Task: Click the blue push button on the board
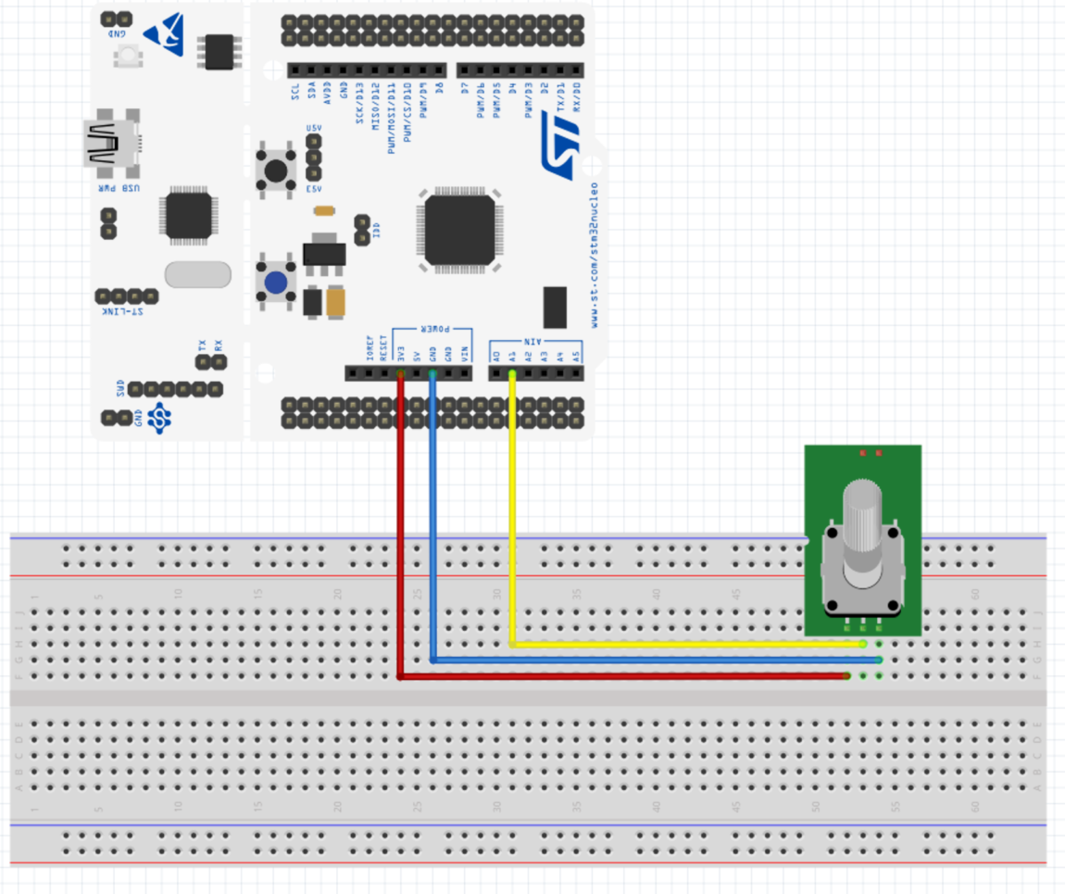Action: pyautogui.click(x=276, y=283)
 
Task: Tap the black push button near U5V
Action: pyautogui.click(x=276, y=170)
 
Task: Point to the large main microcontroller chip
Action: pyautogui.click(x=459, y=230)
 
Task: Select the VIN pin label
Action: pyautogui.click(x=465, y=353)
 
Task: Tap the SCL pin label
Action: pyautogui.click(x=295, y=91)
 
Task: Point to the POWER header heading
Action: pyautogui.click(x=432, y=329)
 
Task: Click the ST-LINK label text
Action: pyautogui.click(x=126, y=312)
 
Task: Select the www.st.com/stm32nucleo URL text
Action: pyautogui.click(x=594, y=255)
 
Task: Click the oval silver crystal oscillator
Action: pyautogui.click(x=197, y=274)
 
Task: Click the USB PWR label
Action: pyautogui.click(x=120, y=188)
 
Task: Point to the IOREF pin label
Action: pyautogui.click(x=369, y=348)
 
